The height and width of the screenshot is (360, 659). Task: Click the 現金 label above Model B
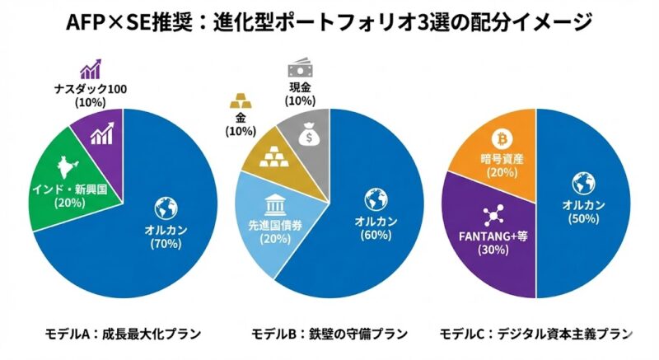[x=298, y=87]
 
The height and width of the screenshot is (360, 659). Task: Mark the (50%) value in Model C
[x=582, y=219]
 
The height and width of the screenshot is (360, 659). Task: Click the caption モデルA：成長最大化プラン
[x=124, y=334]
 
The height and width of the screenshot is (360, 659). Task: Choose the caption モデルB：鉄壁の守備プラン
[x=329, y=334]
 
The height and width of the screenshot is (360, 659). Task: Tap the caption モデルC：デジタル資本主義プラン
[x=535, y=334]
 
